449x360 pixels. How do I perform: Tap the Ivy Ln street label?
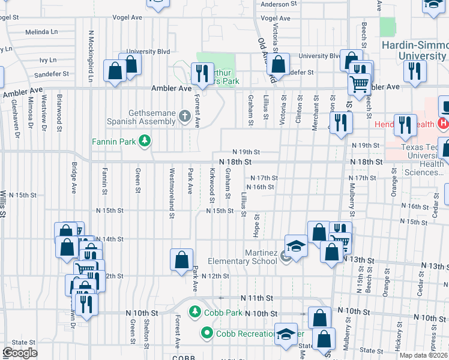click(47, 60)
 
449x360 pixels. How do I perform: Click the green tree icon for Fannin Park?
click(144, 142)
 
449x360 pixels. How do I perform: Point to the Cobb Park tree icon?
click(194, 313)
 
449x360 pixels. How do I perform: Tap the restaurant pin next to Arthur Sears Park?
click(200, 74)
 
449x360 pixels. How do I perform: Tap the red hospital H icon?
click(443, 124)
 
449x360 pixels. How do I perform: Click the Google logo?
click(20, 353)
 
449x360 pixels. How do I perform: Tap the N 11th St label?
click(257, 298)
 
